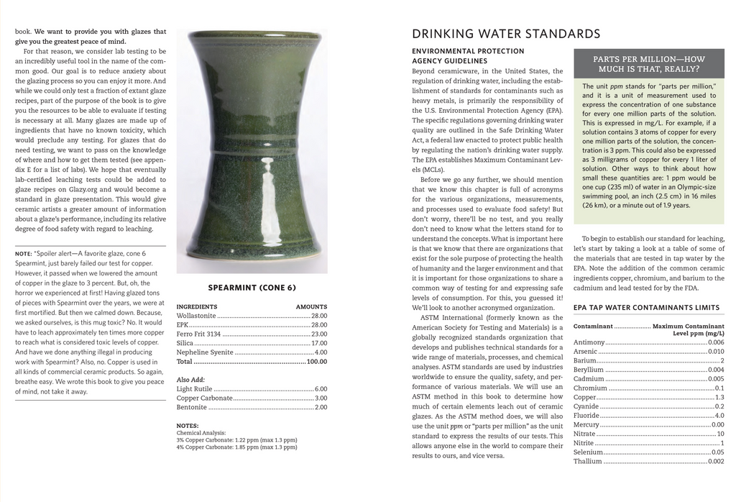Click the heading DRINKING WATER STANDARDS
[x=506, y=34]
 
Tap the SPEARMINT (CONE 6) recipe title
[x=252, y=288]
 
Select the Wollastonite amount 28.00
[x=319, y=316]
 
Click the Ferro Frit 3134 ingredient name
[x=198, y=334]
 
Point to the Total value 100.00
[x=317, y=362]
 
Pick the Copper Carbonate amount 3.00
[x=321, y=398]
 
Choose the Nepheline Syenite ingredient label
[x=205, y=352]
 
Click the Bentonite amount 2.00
[x=321, y=407]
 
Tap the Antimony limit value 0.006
[x=716, y=342]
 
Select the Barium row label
[x=585, y=360]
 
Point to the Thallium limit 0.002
[x=716, y=462]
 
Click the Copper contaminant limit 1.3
[x=719, y=397]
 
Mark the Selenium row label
[x=588, y=452]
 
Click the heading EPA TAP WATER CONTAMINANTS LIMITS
[x=646, y=308]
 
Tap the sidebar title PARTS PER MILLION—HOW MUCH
[x=648, y=64]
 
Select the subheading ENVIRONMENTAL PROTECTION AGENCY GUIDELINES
[x=468, y=56]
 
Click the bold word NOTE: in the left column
[x=24, y=254]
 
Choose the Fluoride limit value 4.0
[x=719, y=416]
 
